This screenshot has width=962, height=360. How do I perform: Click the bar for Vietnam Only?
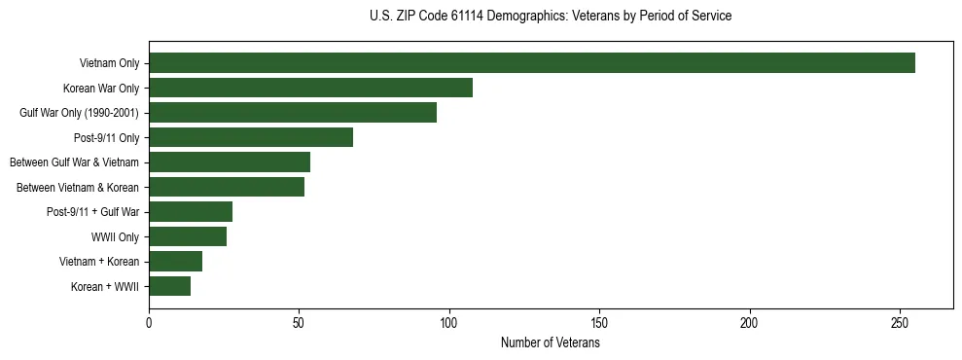tap(531, 63)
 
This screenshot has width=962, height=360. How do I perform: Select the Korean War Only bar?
tap(310, 88)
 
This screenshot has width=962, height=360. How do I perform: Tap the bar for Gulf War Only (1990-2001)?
tap(293, 113)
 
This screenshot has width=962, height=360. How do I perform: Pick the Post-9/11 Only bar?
tap(251, 137)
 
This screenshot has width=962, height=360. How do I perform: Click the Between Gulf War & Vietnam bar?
tap(230, 162)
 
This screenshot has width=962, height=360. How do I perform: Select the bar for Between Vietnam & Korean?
tap(227, 187)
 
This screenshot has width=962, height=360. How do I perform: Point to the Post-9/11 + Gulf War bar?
tap(191, 212)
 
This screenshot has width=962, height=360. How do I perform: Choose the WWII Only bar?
tap(188, 236)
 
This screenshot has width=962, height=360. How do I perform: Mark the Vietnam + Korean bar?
tap(175, 261)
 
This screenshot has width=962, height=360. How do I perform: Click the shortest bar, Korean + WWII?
tap(169, 286)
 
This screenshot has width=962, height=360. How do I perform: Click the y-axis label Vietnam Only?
tap(109, 63)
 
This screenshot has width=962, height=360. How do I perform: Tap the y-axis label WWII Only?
tap(115, 236)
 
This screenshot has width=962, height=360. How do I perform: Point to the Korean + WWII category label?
tap(105, 286)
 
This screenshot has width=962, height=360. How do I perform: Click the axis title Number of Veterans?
tap(550, 342)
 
